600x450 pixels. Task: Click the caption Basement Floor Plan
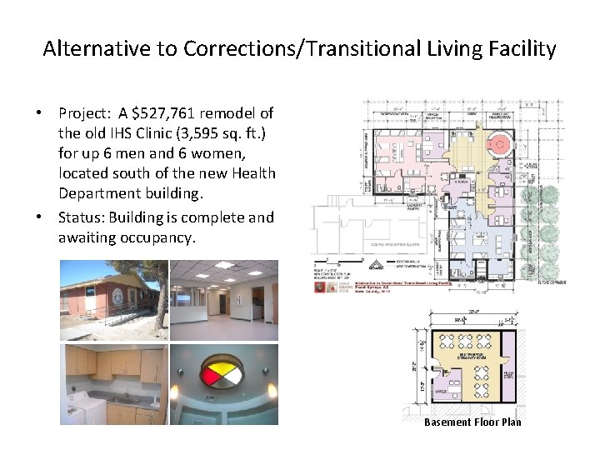472,422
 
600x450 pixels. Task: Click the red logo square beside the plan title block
320,287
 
